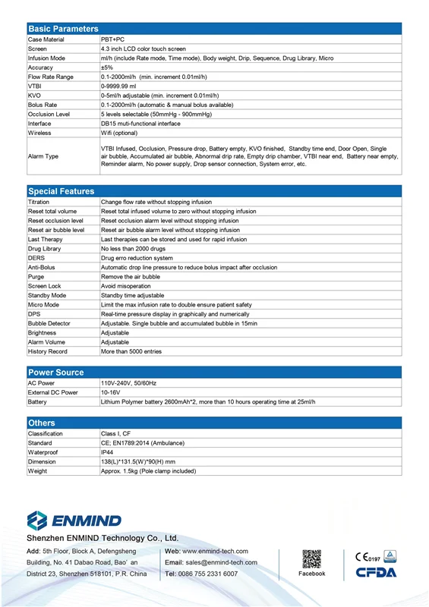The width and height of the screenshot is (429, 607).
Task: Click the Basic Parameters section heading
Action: pyautogui.click(x=63, y=29)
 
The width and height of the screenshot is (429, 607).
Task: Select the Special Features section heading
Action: pyautogui.click(x=62, y=191)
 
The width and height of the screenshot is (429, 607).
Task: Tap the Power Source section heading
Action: pyautogui.click(x=56, y=372)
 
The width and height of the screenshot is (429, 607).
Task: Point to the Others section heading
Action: pyautogui.click(x=42, y=423)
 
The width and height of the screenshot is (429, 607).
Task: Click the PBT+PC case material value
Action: pyautogui.click(x=115, y=39)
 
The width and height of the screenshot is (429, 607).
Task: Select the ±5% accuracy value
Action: pyautogui.click(x=107, y=68)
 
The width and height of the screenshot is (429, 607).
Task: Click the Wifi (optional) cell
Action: pyautogui.click(x=119, y=133)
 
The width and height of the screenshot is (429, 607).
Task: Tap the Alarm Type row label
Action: pyautogui.click(x=43, y=156)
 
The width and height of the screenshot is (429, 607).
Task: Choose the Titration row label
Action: pyautogui.click(x=39, y=203)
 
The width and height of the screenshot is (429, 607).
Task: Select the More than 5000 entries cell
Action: pyautogui.click(x=131, y=351)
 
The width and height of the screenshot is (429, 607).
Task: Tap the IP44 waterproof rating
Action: pyautogui.click(x=107, y=452)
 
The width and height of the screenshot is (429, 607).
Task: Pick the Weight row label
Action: pyautogui.click(x=37, y=471)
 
